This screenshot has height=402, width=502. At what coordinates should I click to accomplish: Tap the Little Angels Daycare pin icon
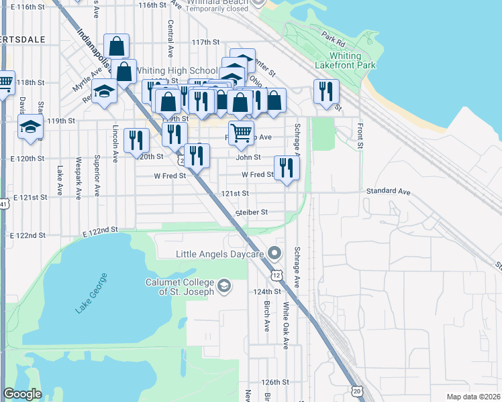274,253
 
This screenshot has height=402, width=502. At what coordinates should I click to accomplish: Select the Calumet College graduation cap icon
224,287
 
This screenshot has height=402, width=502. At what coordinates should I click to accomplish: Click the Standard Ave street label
388,192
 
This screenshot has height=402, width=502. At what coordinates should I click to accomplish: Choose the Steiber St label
252,212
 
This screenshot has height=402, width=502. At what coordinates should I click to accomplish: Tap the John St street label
248,157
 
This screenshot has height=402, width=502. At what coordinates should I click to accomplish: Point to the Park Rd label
332,38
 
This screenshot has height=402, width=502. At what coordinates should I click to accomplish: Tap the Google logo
22,394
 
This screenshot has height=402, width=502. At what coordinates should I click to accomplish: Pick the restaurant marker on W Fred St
287,167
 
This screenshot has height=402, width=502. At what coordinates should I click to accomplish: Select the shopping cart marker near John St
241,131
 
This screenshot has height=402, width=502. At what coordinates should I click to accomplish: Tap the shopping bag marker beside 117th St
116,46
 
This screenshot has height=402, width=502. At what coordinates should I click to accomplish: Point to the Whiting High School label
176,70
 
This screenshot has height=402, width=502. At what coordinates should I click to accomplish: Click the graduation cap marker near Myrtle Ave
104,90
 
